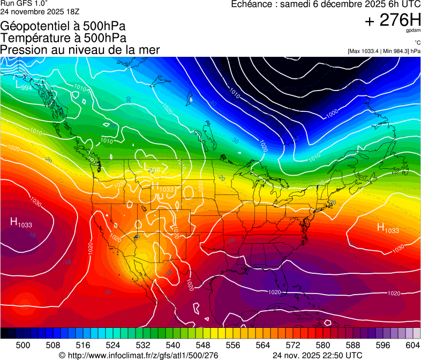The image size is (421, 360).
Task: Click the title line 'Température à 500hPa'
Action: pos(63,38)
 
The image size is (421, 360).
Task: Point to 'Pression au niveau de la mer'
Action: pos(80,50)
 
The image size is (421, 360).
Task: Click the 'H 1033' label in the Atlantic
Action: pos(387,229)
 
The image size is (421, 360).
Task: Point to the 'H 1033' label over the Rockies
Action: pos(163,188)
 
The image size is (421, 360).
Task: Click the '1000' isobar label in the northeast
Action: pos(332,113)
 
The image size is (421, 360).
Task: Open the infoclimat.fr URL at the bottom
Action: pos(138,355)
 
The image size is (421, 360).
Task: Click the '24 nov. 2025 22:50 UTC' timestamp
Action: pos(317,355)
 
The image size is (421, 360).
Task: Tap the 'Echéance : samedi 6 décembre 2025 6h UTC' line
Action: pos(326,4)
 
